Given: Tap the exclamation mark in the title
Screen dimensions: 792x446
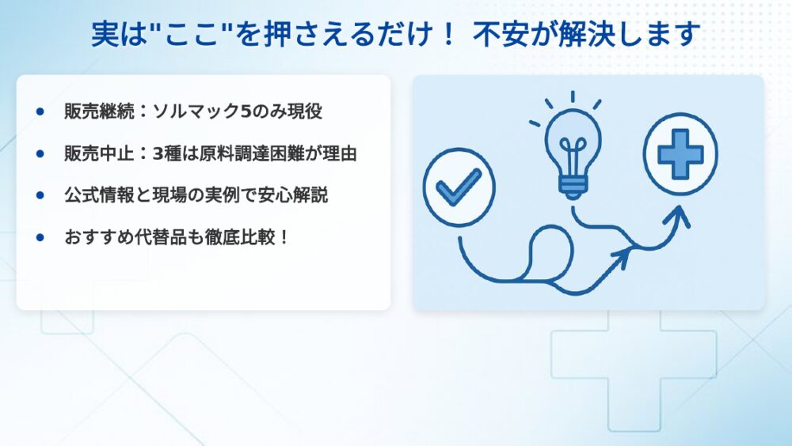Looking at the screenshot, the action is pos(447,34).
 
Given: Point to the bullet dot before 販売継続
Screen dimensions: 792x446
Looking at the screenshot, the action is pos(40,111).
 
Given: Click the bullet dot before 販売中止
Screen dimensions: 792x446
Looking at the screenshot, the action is pos(40,153).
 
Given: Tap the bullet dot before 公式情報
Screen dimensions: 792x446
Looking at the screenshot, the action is pos(40,195).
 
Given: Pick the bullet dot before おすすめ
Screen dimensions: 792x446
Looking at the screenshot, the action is pos(40,237).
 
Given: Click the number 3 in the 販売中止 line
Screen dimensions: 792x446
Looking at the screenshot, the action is pos(158,153).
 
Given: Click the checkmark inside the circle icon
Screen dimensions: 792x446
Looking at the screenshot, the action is pos(459,187).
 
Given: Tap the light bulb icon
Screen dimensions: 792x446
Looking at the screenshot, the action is pos(573,151).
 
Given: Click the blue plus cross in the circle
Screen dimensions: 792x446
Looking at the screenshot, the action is pos(680,154).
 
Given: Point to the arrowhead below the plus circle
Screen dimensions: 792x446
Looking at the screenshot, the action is pos(679,216).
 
